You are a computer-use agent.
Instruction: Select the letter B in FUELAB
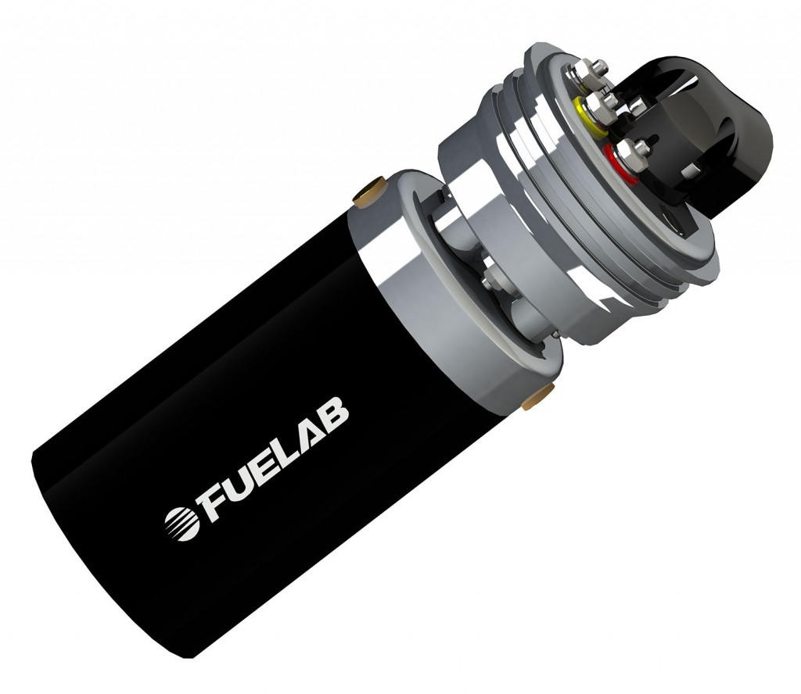click(333, 413)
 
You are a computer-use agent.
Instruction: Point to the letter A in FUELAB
click(307, 431)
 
